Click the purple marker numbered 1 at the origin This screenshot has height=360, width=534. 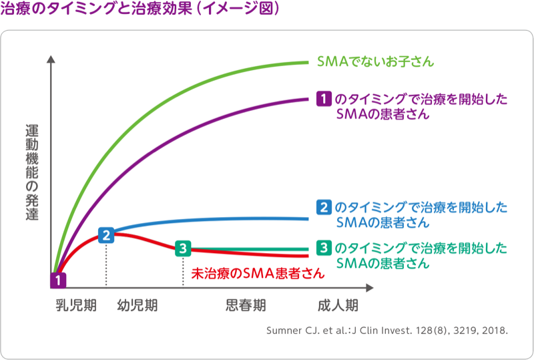(59, 280)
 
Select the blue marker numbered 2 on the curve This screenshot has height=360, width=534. (106, 234)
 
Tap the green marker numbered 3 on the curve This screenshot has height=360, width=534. (183, 249)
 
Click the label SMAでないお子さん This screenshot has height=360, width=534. (376, 62)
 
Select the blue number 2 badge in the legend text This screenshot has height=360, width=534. (323, 207)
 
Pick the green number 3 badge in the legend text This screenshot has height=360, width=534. (323, 248)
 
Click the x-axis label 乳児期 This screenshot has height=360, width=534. (76, 306)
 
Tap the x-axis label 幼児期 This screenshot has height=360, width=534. (138, 306)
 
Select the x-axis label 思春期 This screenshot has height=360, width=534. (246, 306)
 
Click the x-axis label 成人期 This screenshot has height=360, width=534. (338, 306)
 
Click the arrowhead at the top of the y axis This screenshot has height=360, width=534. (51, 59)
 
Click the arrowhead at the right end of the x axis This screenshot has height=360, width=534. (371, 288)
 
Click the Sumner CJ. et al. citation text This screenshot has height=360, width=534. (387, 331)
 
